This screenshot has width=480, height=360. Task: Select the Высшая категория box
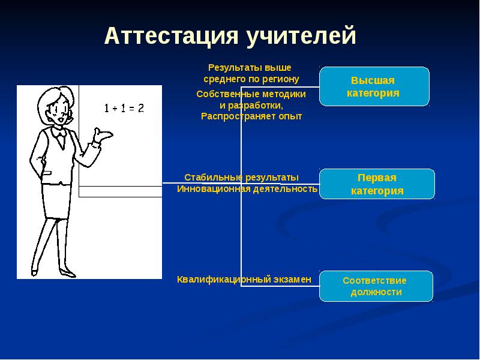point(374,86)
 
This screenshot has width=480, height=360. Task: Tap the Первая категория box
point(377,185)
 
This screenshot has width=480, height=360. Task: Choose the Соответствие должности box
point(376,286)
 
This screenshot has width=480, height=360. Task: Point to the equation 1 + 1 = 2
point(124,109)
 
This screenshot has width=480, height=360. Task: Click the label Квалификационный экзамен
point(244,279)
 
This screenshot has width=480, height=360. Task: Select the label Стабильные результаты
point(241,178)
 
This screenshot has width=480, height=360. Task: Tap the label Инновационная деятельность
point(247,189)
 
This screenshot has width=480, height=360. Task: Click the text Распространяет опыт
point(251,116)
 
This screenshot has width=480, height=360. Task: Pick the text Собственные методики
point(251,94)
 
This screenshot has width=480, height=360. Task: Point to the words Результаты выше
point(249,68)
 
